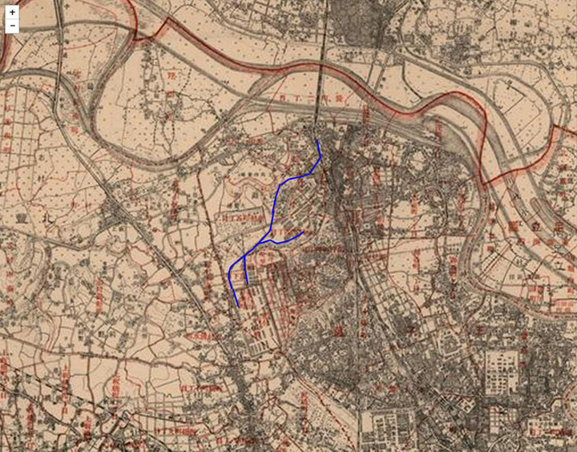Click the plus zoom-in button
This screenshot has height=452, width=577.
pyautogui.click(x=12, y=12)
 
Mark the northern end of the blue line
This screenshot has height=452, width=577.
pyautogui.click(x=318, y=141)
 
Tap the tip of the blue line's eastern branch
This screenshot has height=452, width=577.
pyautogui.click(x=304, y=232)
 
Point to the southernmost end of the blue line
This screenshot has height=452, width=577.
pyautogui.click(x=238, y=305)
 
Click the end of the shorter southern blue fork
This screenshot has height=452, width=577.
pyautogui.click(x=247, y=285)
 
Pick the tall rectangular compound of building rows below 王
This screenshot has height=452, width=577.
pyautogui.click(x=502, y=373)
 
